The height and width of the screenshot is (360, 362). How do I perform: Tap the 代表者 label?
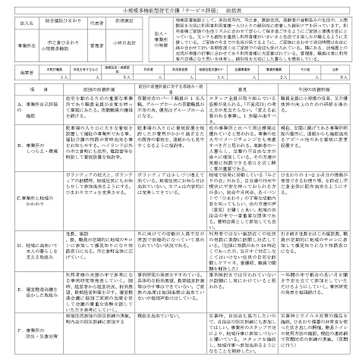(x=116, y=23)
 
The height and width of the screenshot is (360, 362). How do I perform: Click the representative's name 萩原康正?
(x=146, y=23)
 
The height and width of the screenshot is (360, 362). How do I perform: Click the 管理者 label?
(x=116, y=43)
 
